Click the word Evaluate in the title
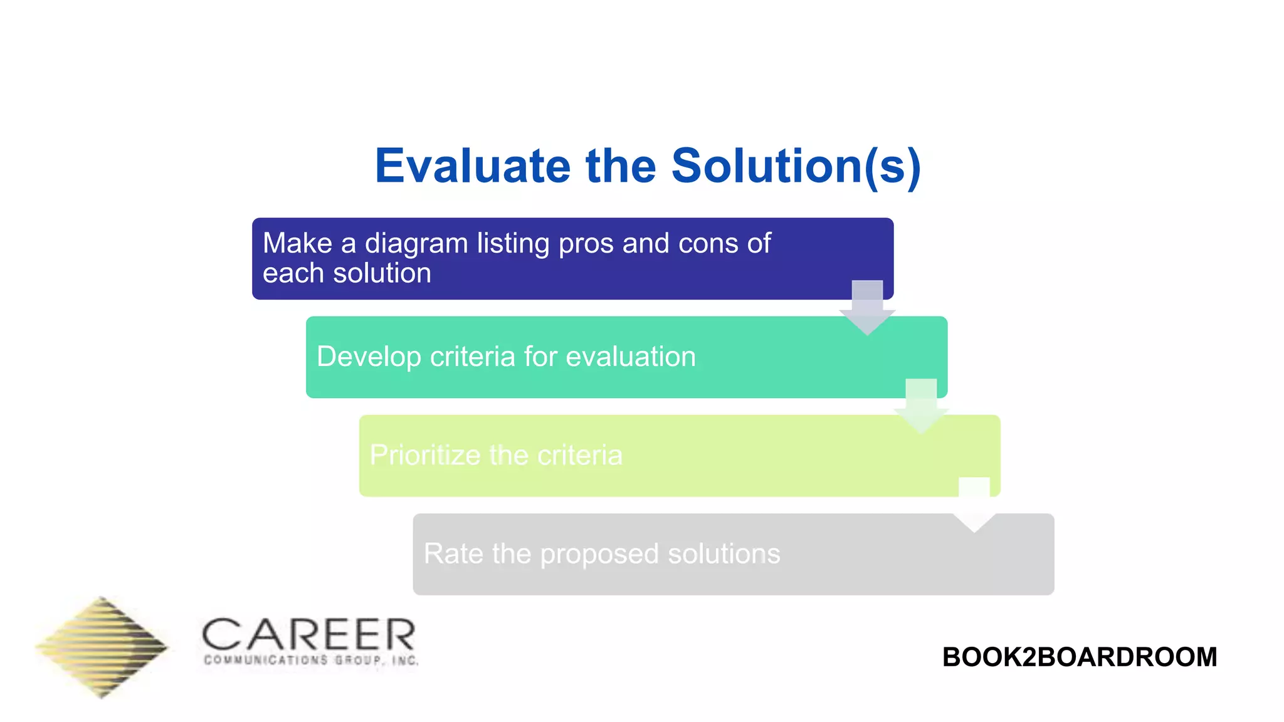(472, 167)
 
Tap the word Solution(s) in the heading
(796, 167)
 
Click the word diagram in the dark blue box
(416, 243)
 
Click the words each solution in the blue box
(347, 273)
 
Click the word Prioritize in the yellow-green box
(424, 455)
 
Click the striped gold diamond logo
(102, 647)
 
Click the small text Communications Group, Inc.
(311, 661)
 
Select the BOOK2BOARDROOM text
(1079, 657)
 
